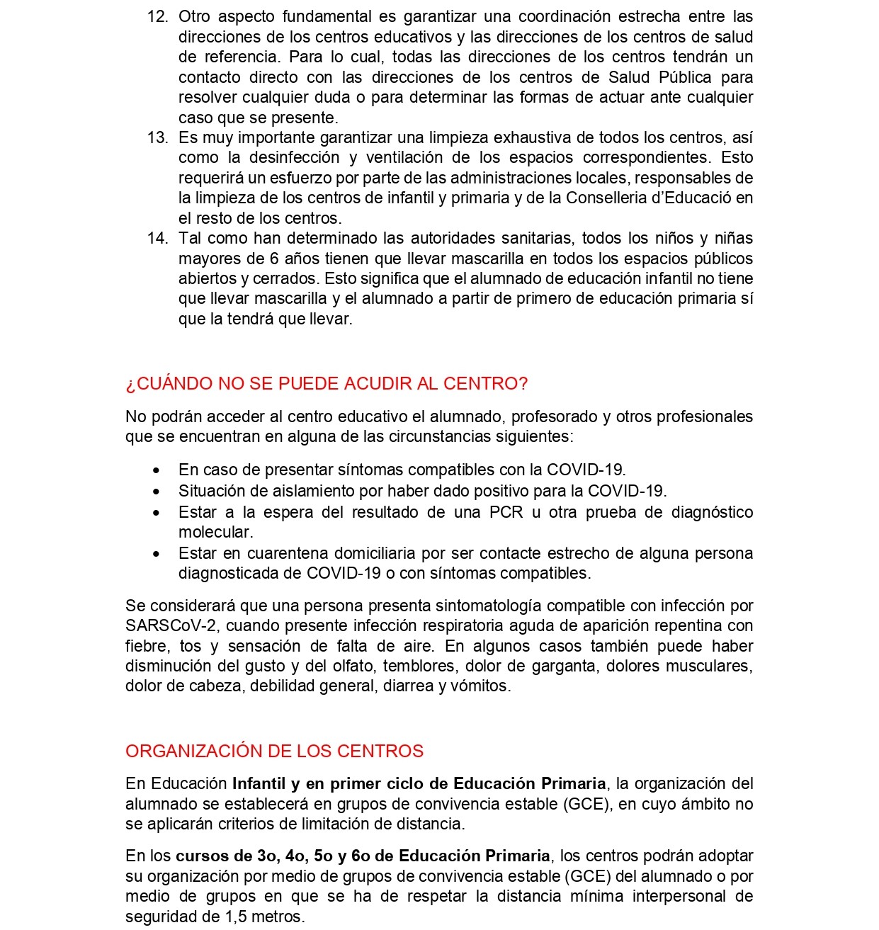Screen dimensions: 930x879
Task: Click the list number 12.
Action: point(157,17)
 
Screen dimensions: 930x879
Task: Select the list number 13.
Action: point(157,137)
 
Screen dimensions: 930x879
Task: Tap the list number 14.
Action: point(157,238)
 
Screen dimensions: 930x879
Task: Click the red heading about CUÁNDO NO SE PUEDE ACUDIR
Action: point(327,384)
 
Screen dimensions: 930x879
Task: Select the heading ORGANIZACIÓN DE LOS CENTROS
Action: point(274,751)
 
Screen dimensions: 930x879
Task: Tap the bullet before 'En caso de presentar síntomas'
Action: point(157,470)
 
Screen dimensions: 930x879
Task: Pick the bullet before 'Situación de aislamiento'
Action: point(157,492)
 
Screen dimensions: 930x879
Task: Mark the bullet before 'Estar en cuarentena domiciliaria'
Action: point(157,554)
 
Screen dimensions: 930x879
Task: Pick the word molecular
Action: point(215,532)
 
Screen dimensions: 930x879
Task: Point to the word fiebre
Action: point(146,646)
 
